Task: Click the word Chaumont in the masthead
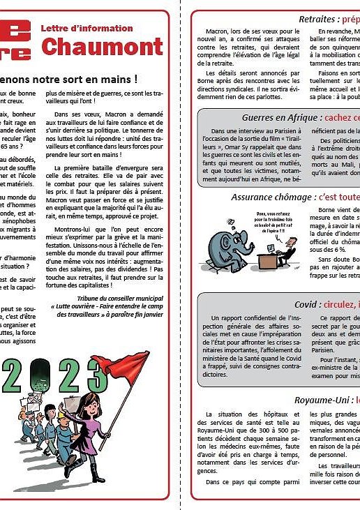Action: (x=101, y=46)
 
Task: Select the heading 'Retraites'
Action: (x=323, y=19)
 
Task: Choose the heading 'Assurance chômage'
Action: (x=274, y=197)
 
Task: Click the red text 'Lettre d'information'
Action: (x=87, y=29)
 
